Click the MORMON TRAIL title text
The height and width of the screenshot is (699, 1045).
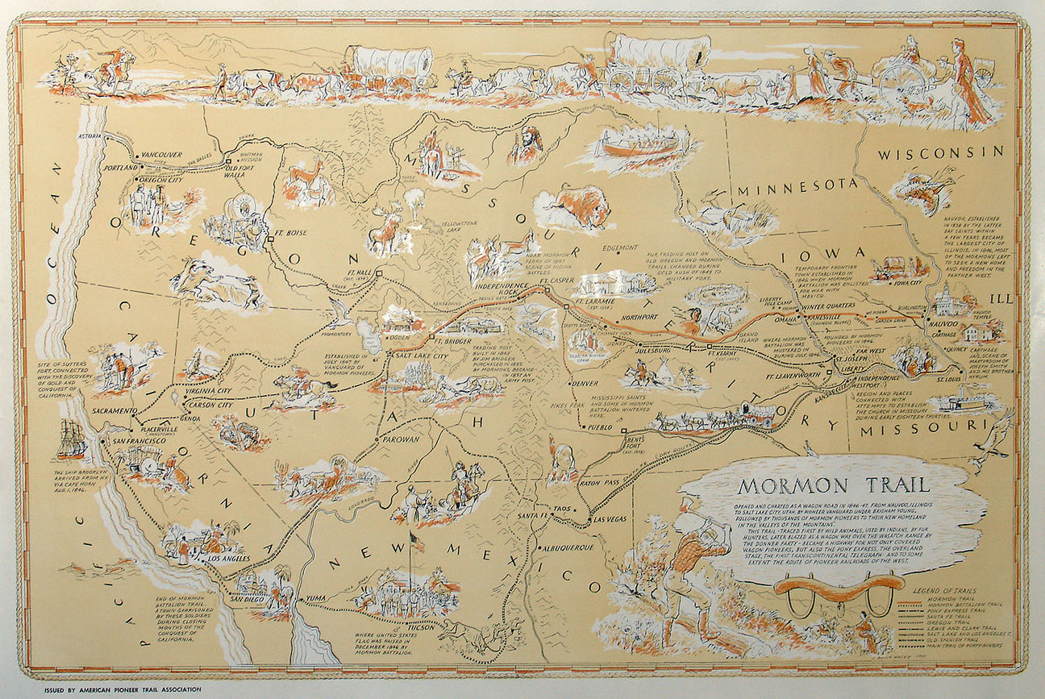pos(834,486)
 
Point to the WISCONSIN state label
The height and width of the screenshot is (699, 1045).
pos(941,152)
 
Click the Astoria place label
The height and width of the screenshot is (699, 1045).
pos(90,137)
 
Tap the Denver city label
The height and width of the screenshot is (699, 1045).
pos(585,383)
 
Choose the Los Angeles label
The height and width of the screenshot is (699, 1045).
pos(228,558)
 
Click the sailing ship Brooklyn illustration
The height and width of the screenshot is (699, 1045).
pos(71,439)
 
